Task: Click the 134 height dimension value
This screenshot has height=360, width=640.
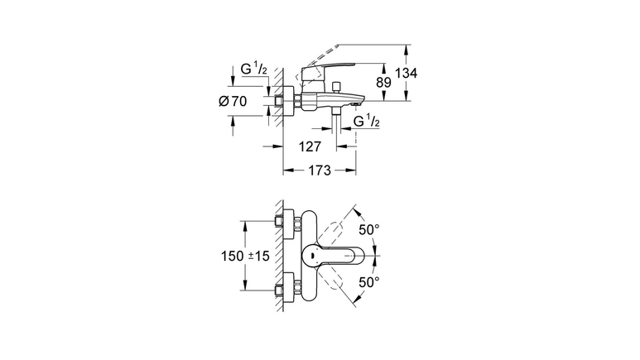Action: [407, 73]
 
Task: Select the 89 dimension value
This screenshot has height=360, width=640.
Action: [383, 83]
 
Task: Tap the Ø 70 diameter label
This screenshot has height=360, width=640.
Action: [233, 101]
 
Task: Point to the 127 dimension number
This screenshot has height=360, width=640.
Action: [310, 146]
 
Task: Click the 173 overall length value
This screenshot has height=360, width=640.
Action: [320, 170]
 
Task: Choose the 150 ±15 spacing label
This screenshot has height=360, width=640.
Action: [245, 256]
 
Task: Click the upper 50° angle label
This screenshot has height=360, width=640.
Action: [369, 230]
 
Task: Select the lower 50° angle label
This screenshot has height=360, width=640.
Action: [369, 282]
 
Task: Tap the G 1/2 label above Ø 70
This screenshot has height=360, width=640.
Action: [253, 69]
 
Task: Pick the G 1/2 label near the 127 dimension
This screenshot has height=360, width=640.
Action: [366, 121]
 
